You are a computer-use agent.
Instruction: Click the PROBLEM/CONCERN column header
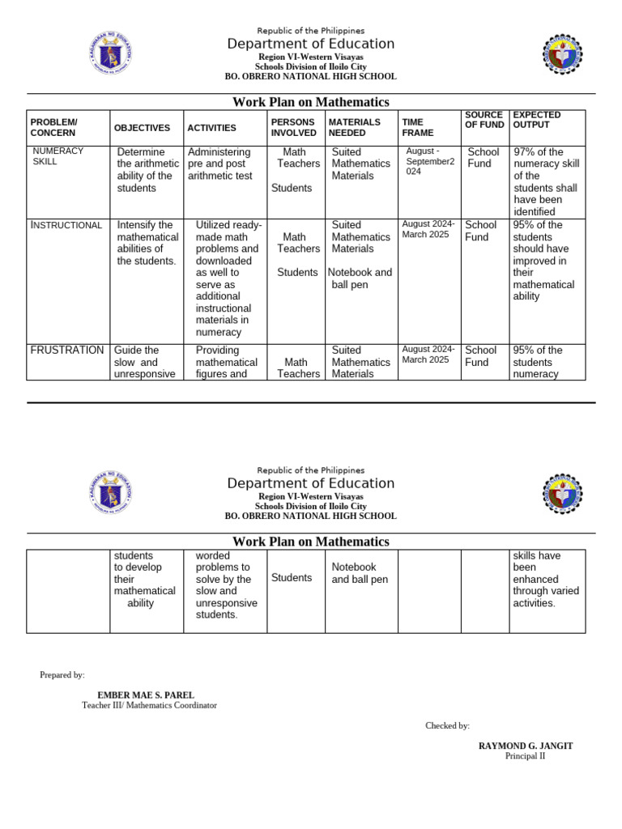pyautogui.click(x=54, y=127)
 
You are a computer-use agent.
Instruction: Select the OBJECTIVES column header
pyautogui.click(x=142, y=128)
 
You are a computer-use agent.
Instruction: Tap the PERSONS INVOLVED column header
pyautogui.click(x=293, y=127)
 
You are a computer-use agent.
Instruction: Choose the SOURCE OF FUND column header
pyautogui.click(x=484, y=120)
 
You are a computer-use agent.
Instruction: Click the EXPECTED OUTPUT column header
pyautogui.click(x=537, y=120)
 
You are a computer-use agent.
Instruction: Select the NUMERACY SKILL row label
pyautogui.click(x=58, y=156)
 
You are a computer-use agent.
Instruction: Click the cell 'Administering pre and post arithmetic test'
pyautogui.click(x=219, y=164)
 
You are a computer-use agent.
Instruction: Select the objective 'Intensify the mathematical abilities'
pyautogui.click(x=146, y=243)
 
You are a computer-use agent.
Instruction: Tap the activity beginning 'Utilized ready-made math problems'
pyautogui.click(x=228, y=278)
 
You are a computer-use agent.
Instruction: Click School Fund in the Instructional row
pyautogui.click(x=481, y=231)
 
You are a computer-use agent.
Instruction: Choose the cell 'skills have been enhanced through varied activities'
pyautogui.click(x=545, y=580)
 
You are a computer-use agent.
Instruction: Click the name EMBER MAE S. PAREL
pyautogui.click(x=146, y=695)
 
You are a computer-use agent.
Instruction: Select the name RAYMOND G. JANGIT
pyautogui.click(x=526, y=746)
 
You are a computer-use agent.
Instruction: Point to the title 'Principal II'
pyautogui.click(x=526, y=756)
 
